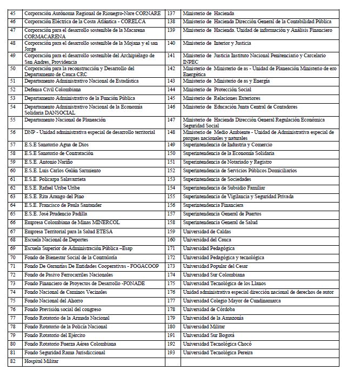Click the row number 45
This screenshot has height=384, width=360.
click(x=13, y=13)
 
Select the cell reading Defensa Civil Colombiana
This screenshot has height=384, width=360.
click(x=52, y=90)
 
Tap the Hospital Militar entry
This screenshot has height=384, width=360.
click(x=42, y=361)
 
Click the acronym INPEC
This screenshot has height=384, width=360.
click(x=191, y=62)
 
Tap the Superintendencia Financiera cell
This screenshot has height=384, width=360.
click(x=213, y=205)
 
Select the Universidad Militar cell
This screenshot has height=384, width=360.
click(x=205, y=326)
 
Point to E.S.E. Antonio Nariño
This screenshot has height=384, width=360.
click(x=49, y=162)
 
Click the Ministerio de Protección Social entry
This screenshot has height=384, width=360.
click(x=217, y=90)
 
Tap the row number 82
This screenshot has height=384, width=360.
click(x=13, y=361)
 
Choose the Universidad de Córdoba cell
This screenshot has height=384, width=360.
click(x=209, y=309)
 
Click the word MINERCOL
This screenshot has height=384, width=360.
click(x=102, y=223)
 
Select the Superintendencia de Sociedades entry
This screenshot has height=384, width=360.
click(x=217, y=179)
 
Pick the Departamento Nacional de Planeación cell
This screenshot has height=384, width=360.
click(x=65, y=120)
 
